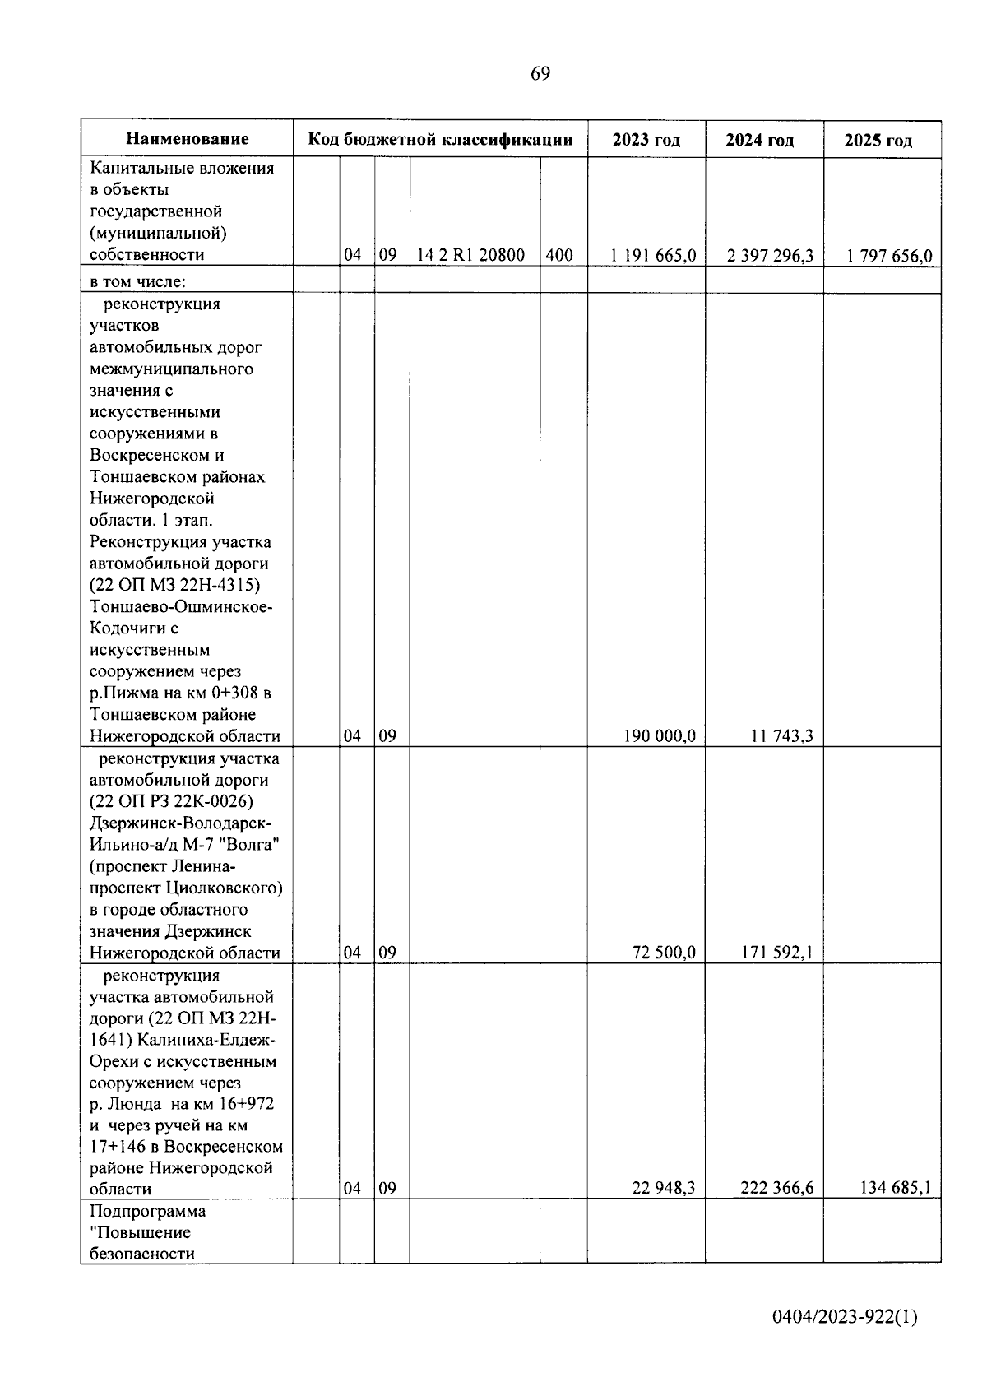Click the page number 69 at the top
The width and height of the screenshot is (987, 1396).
[x=540, y=74]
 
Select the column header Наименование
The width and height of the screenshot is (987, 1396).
[x=188, y=139]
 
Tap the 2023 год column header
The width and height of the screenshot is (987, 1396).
[x=646, y=140]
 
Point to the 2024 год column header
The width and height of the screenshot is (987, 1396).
[x=760, y=141]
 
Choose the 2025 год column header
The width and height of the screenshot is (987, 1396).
[x=878, y=141]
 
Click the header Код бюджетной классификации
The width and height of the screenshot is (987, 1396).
[x=440, y=139]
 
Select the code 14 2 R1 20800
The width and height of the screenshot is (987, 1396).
[x=471, y=255]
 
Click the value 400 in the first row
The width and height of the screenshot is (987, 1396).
[x=559, y=255]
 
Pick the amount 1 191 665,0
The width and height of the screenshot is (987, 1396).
[x=653, y=256]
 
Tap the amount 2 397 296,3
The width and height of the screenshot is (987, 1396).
[x=770, y=256]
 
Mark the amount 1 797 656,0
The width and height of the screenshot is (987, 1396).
[x=889, y=256]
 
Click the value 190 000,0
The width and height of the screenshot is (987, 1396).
[x=660, y=736]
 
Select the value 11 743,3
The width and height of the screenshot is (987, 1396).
[x=782, y=736]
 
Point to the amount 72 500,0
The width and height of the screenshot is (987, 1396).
[x=665, y=953]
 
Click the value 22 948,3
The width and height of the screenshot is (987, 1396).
[x=664, y=1189]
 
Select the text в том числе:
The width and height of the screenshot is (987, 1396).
[x=138, y=281]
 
